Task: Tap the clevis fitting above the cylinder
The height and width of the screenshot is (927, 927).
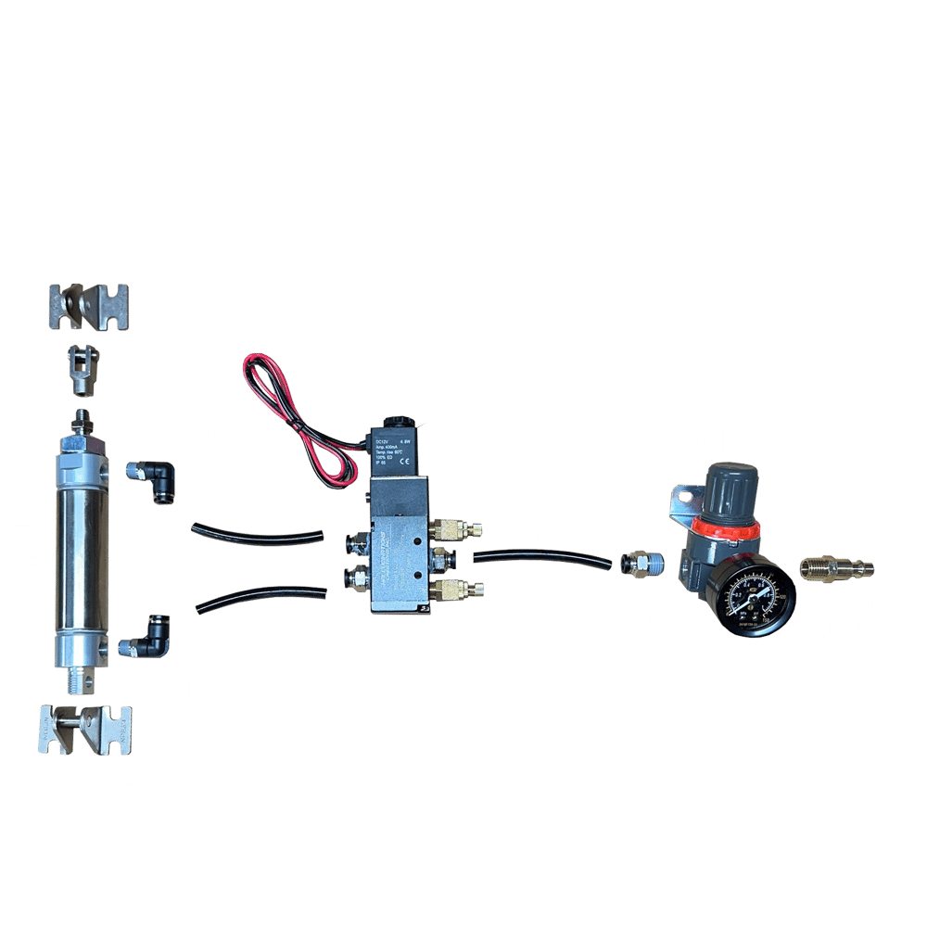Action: pyautogui.click(x=84, y=368)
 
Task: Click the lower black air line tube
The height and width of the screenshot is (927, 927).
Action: pyautogui.click(x=260, y=598)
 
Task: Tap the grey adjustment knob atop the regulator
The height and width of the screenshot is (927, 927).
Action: pyautogui.click(x=729, y=491)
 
